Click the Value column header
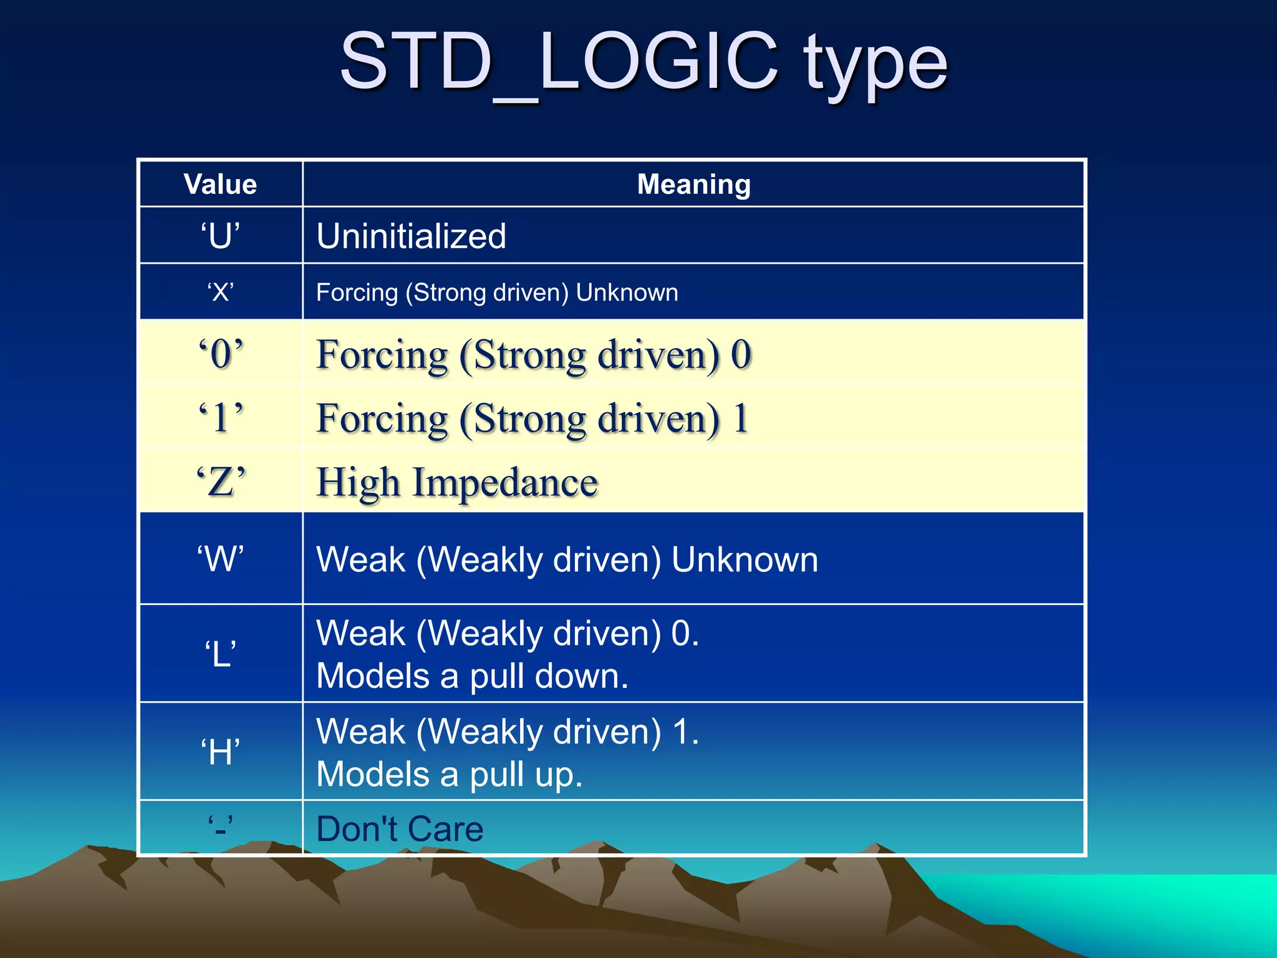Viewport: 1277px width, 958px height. [x=220, y=185]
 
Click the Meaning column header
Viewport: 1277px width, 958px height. [x=693, y=185]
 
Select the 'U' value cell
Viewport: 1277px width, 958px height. [x=220, y=236]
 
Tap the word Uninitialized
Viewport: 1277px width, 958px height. [x=411, y=236]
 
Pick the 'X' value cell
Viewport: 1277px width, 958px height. [x=220, y=292]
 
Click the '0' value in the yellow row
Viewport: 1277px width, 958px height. [x=221, y=354]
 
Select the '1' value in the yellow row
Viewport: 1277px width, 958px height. [x=221, y=417]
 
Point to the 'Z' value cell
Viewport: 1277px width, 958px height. [x=221, y=481]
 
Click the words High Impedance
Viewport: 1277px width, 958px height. [x=457, y=483]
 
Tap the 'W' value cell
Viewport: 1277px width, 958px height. [x=220, y=559]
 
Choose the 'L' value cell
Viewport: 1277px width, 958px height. [x=220, y=654]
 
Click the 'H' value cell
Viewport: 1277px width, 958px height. [x=220, y=752]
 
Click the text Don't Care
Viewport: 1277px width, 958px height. [x=400, y=829]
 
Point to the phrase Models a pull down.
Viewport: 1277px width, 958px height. [x=472, y=676]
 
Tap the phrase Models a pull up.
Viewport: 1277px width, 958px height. [x=449, y=774]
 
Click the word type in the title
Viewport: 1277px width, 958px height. [x=875, y=62]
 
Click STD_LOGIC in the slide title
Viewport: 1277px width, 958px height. [x=558, y=62]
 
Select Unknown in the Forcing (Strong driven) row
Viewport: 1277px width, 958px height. [x=627, y=293]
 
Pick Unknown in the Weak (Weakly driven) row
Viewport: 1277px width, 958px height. [x=745, y=559]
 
